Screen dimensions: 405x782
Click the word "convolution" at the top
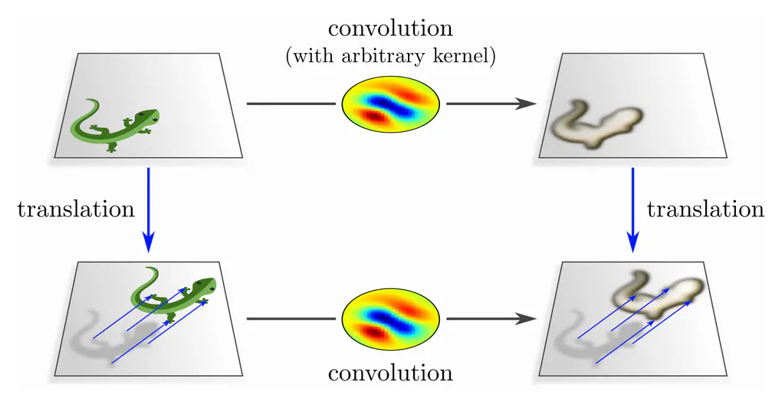tap(389, 29)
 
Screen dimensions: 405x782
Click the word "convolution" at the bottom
tap(389, 374)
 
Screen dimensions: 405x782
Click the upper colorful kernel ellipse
tap(389, 103)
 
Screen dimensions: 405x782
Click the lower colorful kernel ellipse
tap(389, 317)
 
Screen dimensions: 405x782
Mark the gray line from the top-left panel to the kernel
tap(291, 103)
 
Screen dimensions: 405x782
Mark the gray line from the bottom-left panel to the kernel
tap(291, 317)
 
